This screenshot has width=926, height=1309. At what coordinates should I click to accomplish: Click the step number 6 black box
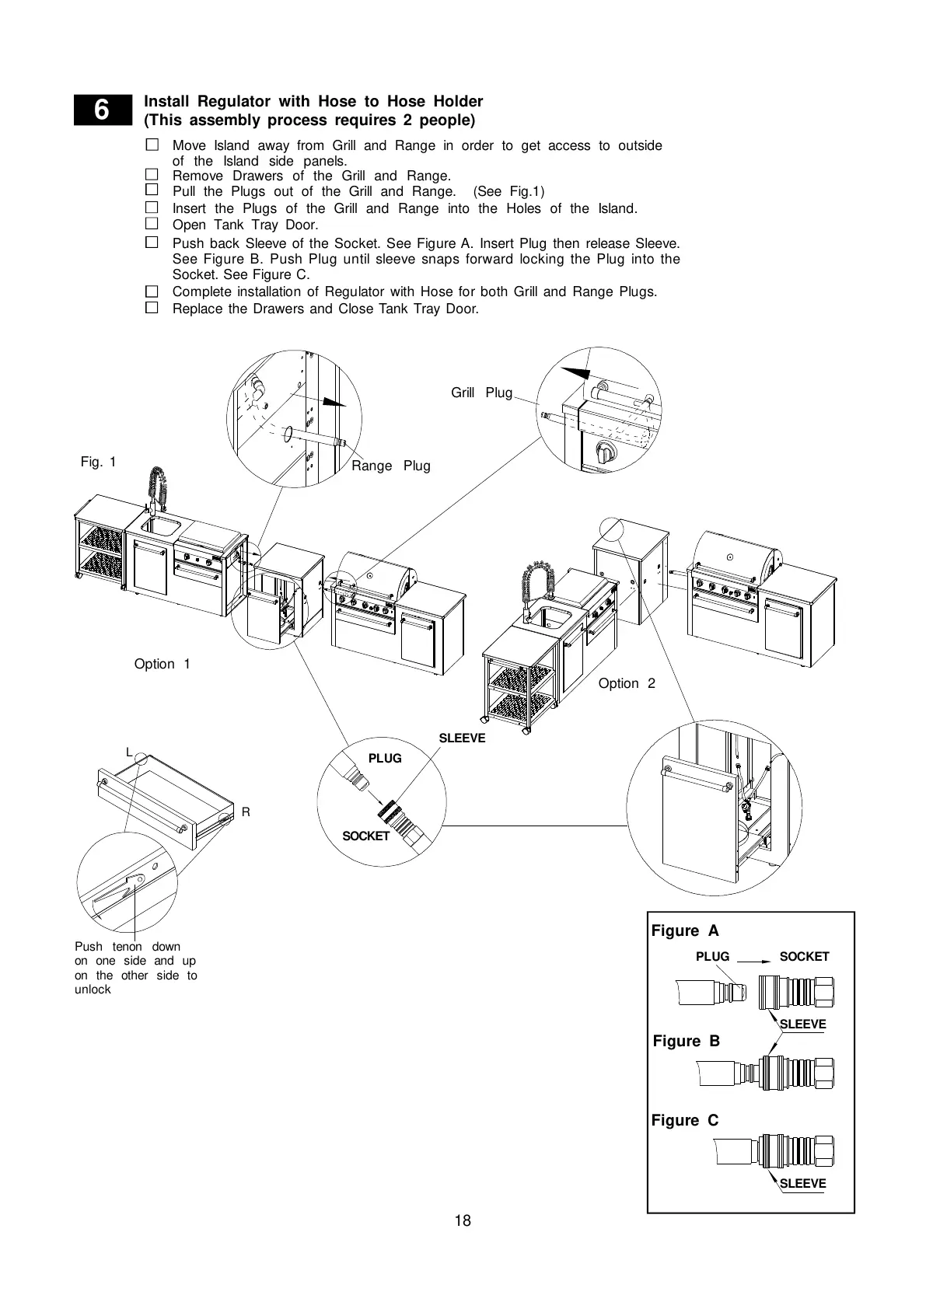pyautogui.click(x=101, y=110)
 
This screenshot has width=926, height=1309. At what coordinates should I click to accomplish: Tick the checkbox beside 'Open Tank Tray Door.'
pyautogui.click(x=152, y=224)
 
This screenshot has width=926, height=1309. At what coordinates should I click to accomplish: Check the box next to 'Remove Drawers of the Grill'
pyautogui.click(x=152, y=175)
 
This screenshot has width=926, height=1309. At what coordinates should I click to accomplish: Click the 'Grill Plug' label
pyautogui.click(x=481, y=393)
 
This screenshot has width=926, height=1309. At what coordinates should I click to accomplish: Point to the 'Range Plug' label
pyautogui.click(x=390, y=466)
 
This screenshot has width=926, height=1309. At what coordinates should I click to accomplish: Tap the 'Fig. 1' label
pyautogui.click(x=98, y=462)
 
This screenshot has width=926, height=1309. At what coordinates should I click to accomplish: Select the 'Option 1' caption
pyautogui.click(x=162, y=664)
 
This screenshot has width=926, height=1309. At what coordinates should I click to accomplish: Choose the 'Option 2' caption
pyautogui.click(x=627, y=683)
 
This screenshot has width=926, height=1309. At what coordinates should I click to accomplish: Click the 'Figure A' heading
pyautogui.click(x=685, y=930)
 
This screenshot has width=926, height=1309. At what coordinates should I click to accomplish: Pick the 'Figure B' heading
pyautogui.click(x=686, y=1041)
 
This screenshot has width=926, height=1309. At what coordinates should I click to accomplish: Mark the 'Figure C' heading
pyautogui.click(x=685, y=1120)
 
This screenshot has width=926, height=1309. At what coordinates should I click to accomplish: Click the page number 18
pyautogui.click(x=463, y=1220)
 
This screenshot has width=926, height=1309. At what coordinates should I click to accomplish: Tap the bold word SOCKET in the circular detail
pyautogui.click(x=365, y=836)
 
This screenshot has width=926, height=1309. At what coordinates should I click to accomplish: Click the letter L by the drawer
pyautogui.click(x=130, y=752)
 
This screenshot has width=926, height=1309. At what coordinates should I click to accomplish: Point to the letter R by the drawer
pyautogui.click(x=246, y=812)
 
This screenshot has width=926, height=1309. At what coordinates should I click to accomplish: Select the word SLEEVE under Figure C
pyautogui.click(x=802, y=1183)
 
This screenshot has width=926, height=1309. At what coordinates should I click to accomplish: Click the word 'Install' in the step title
pyautogui.click(x=167, y=101)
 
